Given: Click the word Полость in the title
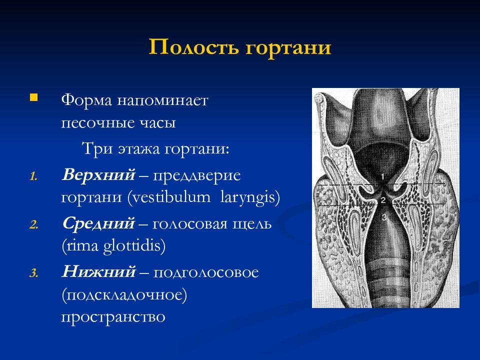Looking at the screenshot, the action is (x=193, y=47).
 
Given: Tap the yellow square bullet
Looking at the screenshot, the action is (x=33, y=97).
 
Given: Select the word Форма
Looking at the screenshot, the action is (x=86, y=100).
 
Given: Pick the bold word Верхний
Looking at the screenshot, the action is (x=98, y=175).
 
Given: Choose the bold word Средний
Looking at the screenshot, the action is (x=98, y=223).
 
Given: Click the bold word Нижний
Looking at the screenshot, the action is (x=98, y=272).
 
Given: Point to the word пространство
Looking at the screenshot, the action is (x=113, y=317).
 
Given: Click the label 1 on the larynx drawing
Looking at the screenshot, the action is (x=382, y=177).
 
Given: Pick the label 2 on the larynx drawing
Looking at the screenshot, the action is (x=383, y=200).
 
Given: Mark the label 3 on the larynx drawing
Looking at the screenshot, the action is (x=384, y=217).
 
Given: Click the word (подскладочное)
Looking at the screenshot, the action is (x=124, y=295).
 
